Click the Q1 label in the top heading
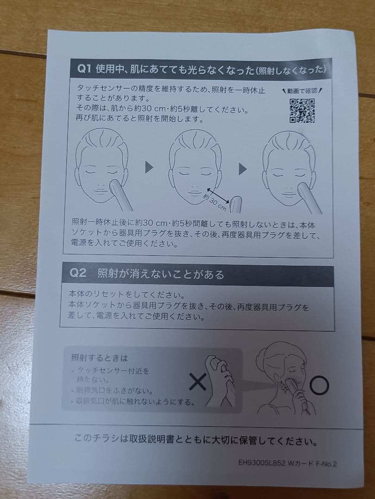point(84,69)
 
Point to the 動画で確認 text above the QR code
point(302,91)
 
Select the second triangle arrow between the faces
point(243,170)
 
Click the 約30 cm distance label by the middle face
point(215,199)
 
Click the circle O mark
point(319,385)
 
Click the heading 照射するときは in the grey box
point(99,358)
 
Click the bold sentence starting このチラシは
point(196,439)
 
